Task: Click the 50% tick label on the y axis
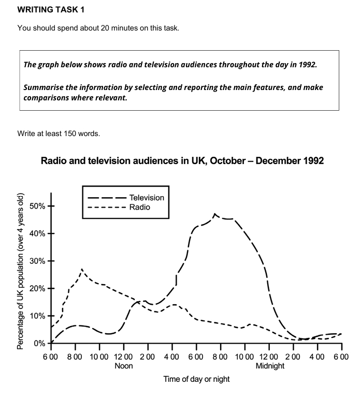pyautogui.click(x=39, y=206)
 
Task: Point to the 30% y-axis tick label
pyautogui.click(x=39, y=261)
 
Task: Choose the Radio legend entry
pyautogui.click(x=139, y=207)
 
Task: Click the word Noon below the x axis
pyautogui.click(x=123, y=366)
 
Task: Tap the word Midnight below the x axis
pyautogui.click(x=270, y=366)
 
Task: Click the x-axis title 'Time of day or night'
pyautogui.click(x=196, y=379)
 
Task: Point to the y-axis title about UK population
pyautogui.click(x=21, y=271)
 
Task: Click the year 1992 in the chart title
pyautogui.click(x=310, y=161)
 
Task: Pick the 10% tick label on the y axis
pyautogui.click(x=39, y=316)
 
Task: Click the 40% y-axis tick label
pyautogui.click(x=39, y=233)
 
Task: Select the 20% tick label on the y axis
pyautogui.click(x=39, y=288)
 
